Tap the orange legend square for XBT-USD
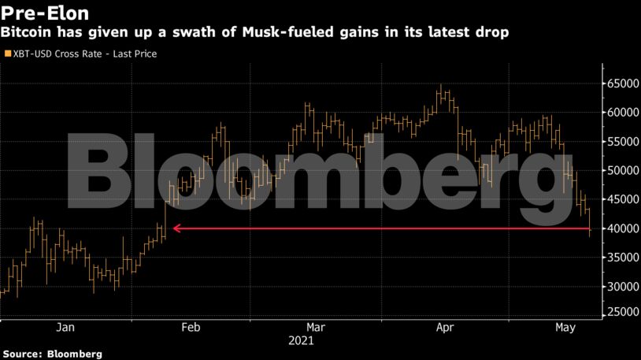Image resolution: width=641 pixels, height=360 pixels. pos(7,54)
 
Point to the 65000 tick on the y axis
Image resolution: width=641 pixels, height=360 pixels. pos(621,84)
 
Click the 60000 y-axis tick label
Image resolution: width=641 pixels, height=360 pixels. pos(621,113)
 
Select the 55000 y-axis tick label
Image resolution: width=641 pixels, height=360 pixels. pos(621,142)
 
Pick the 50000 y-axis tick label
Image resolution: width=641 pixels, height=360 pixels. pos(621,171)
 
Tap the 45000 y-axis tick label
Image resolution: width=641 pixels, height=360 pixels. pos(621,200)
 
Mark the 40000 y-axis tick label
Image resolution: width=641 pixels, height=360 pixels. pos(621,229)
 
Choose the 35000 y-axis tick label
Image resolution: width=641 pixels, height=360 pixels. pos(621,258)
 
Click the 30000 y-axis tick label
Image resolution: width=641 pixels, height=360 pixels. pos(621,288)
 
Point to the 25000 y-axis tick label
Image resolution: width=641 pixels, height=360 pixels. pos(621,313)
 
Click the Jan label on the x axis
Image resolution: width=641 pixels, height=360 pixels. pos(65,327)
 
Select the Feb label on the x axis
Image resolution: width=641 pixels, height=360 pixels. pos(191,327)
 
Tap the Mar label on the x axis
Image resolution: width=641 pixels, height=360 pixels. pos(315,327)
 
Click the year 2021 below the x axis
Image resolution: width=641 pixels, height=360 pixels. pos(302,341)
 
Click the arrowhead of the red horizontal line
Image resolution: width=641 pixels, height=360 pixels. pos(176,229)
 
